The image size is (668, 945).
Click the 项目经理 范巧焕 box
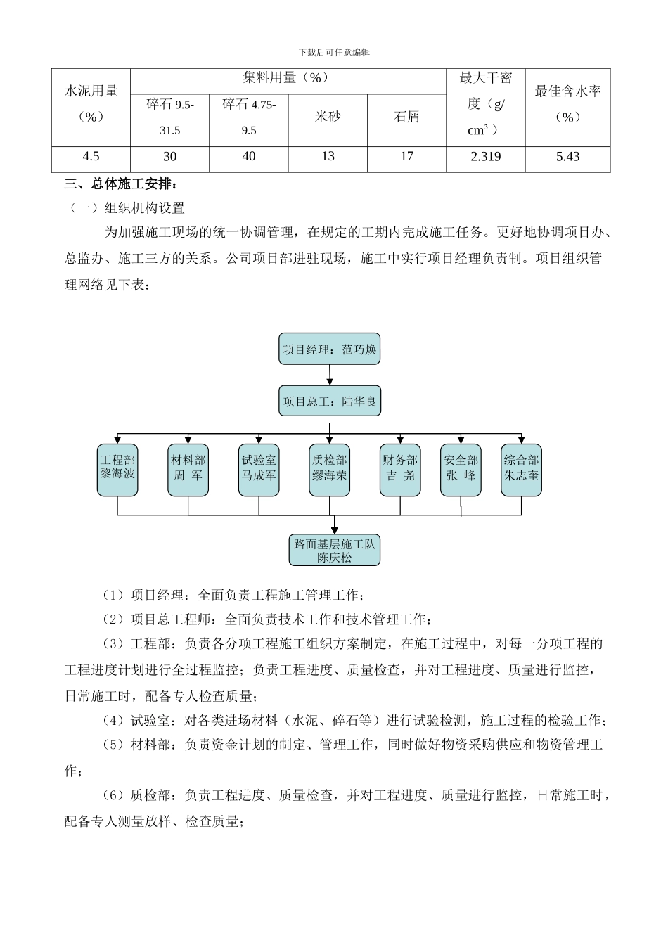329,349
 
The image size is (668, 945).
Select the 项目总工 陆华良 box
329,401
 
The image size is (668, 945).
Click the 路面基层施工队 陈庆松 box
334,551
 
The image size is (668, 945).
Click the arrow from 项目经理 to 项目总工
330,375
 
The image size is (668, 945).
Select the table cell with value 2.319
485,157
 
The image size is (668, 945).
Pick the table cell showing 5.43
567,157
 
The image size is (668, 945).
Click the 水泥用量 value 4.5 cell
91,157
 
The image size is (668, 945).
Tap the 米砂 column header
328,117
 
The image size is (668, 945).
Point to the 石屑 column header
406,117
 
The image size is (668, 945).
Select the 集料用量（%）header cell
288,78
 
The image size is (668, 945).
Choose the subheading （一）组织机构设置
126,208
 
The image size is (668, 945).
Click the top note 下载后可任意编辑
334,52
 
